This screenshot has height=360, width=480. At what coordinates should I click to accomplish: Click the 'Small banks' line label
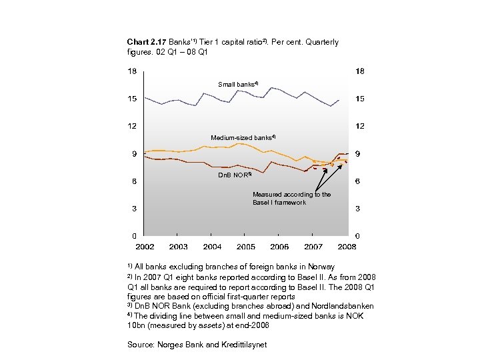point(237,85)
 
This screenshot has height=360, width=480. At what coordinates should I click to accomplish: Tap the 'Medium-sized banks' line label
point(243,138)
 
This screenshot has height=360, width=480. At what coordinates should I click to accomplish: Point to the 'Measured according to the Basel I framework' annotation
point(291,199)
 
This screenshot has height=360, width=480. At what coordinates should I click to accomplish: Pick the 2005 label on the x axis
point(246,247)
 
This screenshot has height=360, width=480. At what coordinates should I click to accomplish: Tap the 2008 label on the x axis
point(347,247)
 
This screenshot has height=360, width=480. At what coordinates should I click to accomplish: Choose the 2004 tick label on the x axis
point(212,247)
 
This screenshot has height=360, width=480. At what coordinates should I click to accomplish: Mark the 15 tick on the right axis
point(359,99)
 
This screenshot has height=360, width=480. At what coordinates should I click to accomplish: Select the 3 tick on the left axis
point(134,209)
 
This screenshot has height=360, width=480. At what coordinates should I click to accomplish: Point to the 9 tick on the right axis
point(358,155)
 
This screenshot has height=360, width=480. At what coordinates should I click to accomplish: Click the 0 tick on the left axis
point(134,236)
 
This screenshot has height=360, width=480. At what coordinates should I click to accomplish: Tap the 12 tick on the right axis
point(359,126)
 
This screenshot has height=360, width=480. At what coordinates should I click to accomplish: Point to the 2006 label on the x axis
point(280,247)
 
